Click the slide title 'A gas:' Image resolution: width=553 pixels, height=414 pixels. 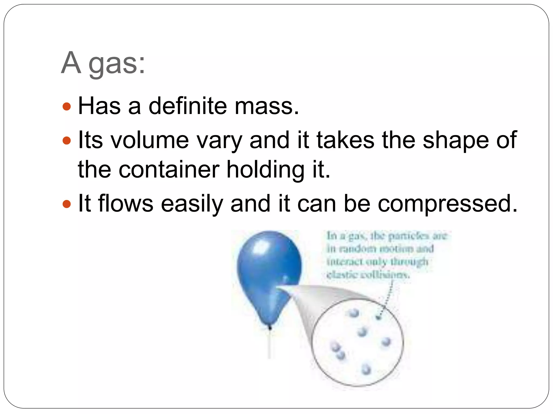point(103,63)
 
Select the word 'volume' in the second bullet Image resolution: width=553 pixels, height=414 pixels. point(150,140)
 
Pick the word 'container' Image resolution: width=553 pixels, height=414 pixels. point(169,170)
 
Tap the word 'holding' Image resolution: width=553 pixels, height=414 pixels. point(265,170)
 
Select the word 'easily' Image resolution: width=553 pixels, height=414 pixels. point(192,204)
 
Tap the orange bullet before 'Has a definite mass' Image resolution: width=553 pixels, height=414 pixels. point(66,106)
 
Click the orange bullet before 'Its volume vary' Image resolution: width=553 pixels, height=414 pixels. point(66,140)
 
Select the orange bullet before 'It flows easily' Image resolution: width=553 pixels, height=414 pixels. point(66,204)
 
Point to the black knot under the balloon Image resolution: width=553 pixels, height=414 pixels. point(270,327)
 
